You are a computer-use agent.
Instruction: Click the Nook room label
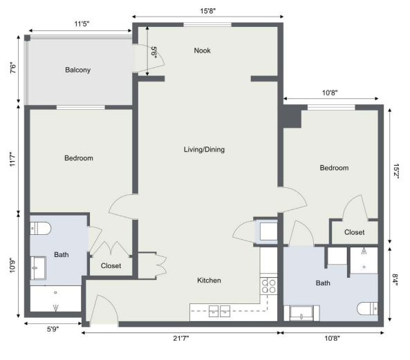pos(202,50)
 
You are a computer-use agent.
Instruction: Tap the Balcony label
pos(77,70)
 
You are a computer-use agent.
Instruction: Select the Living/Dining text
pos(204,149)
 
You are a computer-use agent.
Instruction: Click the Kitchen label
pos(209,281)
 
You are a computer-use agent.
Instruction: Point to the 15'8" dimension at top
pos(208,11)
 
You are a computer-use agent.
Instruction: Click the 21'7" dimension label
pos(181,339)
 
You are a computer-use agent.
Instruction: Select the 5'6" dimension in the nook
pos(154,53)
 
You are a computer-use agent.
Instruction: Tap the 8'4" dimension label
pos(395,280)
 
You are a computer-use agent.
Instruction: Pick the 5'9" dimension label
pos(53,329)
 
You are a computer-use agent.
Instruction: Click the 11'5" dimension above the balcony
pos(82,24)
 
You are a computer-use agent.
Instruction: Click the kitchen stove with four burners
pos(268,286)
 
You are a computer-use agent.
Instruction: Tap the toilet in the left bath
pos(40,228)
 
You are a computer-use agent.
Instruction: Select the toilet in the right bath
pos(367,309)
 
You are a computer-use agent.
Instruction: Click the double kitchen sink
pos(219,311)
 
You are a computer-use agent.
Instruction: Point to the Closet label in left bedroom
pos(111,266)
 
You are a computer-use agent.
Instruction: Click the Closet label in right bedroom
pos(354,232)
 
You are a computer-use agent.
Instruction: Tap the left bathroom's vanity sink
pos(38,268)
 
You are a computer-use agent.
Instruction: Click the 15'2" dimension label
pos(395,171)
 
